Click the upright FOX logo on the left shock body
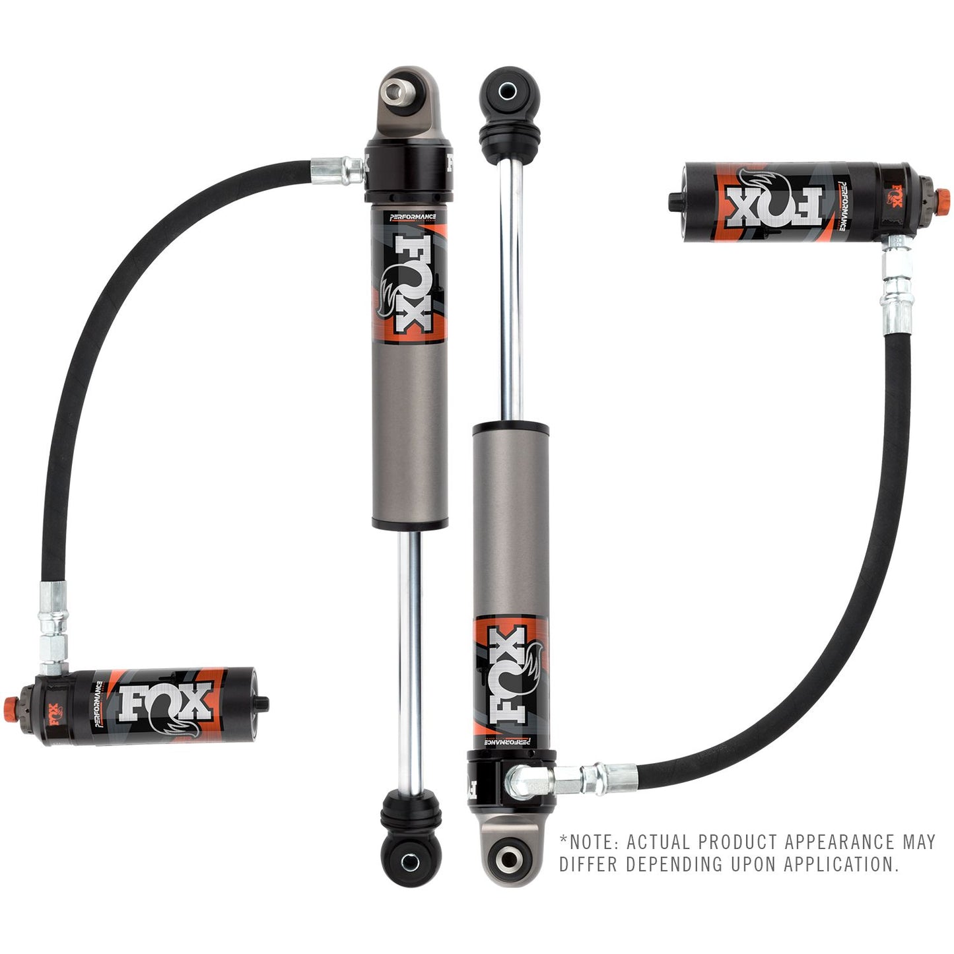(409, 284)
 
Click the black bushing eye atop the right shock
(509, 89)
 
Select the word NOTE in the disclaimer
(592, 842)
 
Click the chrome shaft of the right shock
(511, 290)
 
